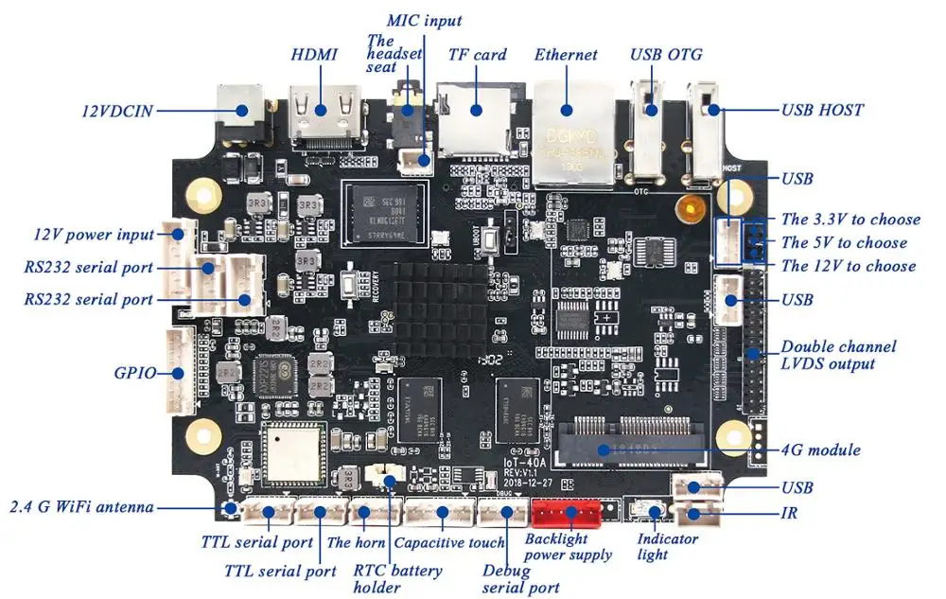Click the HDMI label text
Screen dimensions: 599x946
pos(314,54)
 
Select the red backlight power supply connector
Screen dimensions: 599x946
pos(566,514)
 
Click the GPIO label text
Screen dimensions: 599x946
pos(135,373)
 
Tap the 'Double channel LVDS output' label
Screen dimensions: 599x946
pos(838,355)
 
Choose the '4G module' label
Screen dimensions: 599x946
pos(821,449)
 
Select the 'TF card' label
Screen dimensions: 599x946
pos(478,55)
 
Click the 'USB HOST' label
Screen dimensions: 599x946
pos(821,110)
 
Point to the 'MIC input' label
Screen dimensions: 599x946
pos(425,20)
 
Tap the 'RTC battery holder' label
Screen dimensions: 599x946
pos(397,579)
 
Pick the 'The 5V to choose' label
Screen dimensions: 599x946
pos(844,242)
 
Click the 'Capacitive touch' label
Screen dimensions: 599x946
pos(448,542)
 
